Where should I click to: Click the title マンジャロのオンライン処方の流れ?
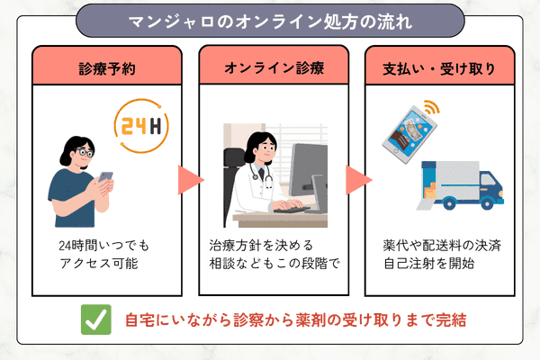pyautogui.click(x=270, y=22)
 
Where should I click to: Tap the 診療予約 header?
pyautogui.click(x=107, y=69)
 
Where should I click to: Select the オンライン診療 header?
pyautogui.click(x=274, y=67)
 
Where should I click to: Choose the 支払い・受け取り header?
pyautogui.click(x=439, y=69)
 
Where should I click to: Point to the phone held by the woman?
pyautogui.click(x=105, y=176)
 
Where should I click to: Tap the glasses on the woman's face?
pyautogui.click(x=85, y=151)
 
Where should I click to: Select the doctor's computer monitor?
pyautogui.click(x=309, y=170)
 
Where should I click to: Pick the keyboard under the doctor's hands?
pyautogui.click(x=292, y=209)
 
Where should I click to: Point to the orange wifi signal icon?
pyautogui.click(x=432, y=107)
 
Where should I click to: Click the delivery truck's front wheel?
pyautogui.click(x=487, y=203)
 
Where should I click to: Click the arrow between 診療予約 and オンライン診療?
pyautogui.click(x=191, y=180)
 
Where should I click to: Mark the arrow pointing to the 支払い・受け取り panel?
pyautogui.click(x=358, y=180)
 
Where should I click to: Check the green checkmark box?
pyautogui.click(x=96, y=319)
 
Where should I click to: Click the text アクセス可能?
pyautogui.click(x=99, y=264)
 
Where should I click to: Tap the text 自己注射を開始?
pyautogui.click(x=429, y=264)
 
